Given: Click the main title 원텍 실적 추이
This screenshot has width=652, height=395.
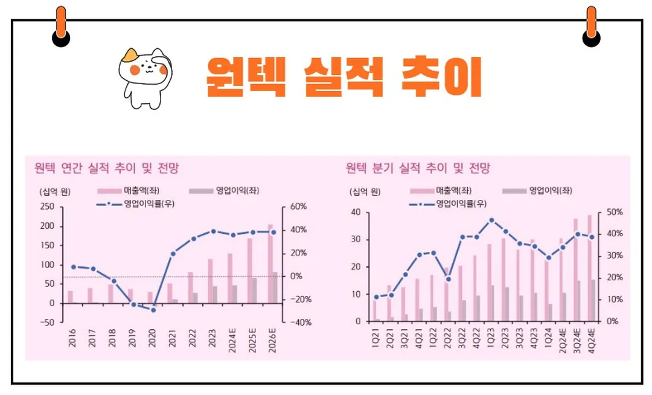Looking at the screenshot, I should pos(344,77).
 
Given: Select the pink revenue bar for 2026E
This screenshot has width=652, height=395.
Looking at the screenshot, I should pos(270,264).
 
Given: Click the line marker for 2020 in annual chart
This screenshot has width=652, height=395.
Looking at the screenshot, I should pos(153,310).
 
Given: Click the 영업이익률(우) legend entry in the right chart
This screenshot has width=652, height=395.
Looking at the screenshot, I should pos(447,204).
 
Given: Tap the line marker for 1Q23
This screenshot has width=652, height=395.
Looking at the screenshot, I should pos(491,220).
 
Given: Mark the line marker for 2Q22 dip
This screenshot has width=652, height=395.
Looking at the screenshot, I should pos(447,279).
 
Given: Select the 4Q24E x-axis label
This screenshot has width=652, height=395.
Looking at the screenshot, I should pos(591,343).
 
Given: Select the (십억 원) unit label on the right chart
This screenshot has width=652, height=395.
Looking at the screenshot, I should pos(365,192).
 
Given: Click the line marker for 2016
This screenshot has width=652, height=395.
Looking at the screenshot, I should pos(73,266).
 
